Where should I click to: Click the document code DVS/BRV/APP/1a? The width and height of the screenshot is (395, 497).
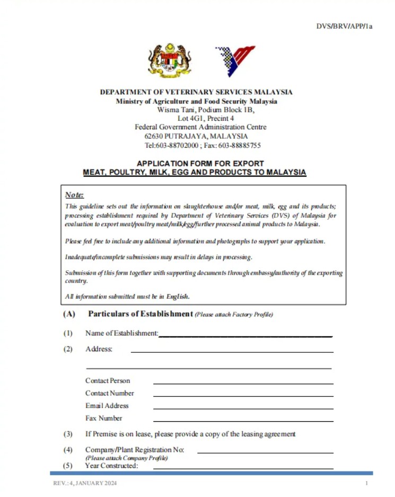(x=344, y=26)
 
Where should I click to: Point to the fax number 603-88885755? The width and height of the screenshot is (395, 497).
(x=239, y=145)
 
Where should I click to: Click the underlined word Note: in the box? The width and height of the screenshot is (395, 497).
(x=75, y=195)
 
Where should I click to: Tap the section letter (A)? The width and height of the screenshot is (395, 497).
(x=69, y=314)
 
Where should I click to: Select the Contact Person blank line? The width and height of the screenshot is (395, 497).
(x=243, y=383)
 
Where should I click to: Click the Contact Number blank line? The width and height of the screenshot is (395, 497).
(x=243, y=395)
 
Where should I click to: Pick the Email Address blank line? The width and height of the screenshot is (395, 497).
(x=243, y=408)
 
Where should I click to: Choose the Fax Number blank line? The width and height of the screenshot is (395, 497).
(x=243, y=421)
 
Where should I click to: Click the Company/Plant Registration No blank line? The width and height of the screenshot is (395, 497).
(x=265, y=452)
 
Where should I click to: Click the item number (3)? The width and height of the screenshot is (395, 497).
(x=68, y=434)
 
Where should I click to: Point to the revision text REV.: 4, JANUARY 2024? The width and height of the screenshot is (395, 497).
(x=85, y=483)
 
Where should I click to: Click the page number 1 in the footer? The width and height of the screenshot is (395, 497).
(x=366, y=483)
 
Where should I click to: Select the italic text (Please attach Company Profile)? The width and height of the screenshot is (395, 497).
(x=126, y=458)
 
